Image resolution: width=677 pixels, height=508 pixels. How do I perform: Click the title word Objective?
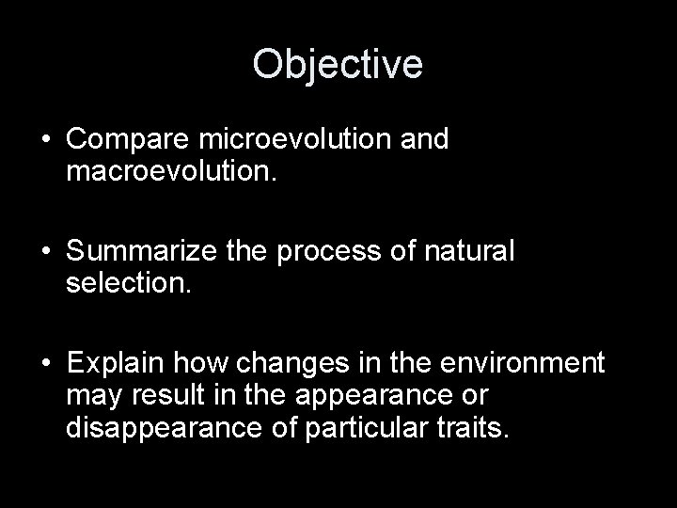[338, 64]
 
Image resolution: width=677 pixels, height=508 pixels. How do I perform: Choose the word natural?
[467, 252]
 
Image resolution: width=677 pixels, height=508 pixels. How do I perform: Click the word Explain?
[115, 363]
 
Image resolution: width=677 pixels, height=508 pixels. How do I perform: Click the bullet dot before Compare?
[46, 140]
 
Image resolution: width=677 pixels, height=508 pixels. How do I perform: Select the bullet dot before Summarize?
[46, 253]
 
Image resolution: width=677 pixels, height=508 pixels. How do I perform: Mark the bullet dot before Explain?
[46, 364]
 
